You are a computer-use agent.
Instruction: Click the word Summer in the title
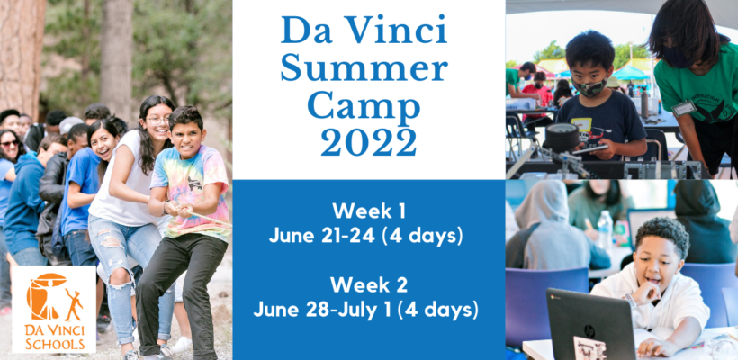click(x=364, y=67)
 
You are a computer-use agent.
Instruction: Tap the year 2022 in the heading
click(x=369, y=141)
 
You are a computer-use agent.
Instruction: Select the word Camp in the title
click(x=364, y=108)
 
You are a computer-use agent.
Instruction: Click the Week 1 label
click(x=369, y=211)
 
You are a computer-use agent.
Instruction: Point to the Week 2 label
click(x=369, y=284)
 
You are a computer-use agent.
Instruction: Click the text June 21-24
click(x=322, y=236)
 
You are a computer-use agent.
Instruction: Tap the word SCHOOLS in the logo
click(x=55, y=345)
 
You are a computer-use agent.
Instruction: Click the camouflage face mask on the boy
click(x=590, y=87)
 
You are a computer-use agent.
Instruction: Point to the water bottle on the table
click(x=605, y=229)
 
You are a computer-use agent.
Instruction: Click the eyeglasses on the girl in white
click(x=159, y=121)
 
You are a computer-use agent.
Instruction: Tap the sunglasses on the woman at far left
click(x=10, y=142)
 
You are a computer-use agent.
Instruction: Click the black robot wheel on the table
click(x=562, y=138)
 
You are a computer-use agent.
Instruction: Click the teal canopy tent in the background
click(x=629, y=73)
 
